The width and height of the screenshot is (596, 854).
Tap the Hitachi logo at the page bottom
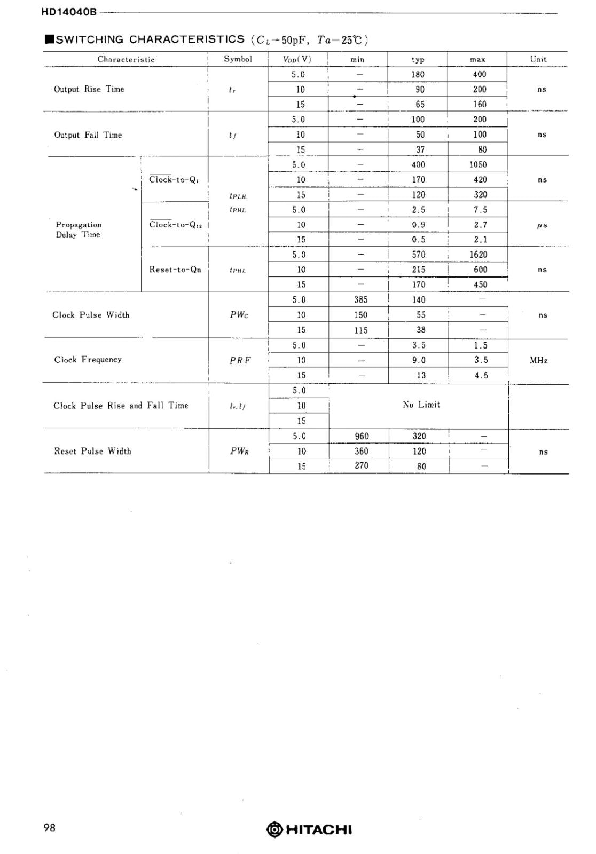pyautogui.click(x=309, y=829)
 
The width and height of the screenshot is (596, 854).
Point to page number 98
pyautogui.click(x=49, y=828)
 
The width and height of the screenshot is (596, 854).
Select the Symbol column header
pyautogui.click(x=238, y=59)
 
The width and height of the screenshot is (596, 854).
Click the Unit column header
pyautogui.click(x=538, y=59)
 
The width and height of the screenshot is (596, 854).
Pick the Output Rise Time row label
pyautogui.click(x=89, y=89)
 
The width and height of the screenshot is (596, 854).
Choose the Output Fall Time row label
pyautogui.click(x=88, y=135)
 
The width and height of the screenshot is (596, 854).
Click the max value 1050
pyautogui.click(x=478, y=165)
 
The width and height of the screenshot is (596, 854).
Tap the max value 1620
pyautogui.click(x=478, y=255)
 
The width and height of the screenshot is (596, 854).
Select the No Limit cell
pyautogui.click(x=421, y=405)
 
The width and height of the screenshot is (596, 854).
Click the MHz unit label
pyautogui.click(x=538, y=360)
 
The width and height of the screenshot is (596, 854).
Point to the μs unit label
pyautogui.click(x=542, y=225)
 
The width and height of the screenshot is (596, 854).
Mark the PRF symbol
pyautogui.click(x=240, y=360)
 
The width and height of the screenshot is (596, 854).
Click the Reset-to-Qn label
pyautogui.click(x=175, y=270)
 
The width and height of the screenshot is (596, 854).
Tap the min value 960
pyautogui.click(x=362, y=436)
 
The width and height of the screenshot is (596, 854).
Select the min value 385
pyautogui.click(x=361, y=300)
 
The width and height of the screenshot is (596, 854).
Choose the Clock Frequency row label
pyautogui.click(x=88, y=360)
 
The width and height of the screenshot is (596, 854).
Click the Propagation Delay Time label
pyautogui.click(x=78, y=230)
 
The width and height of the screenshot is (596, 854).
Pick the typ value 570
pyautogui.click(x=419, y=255)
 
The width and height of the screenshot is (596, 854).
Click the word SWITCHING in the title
pyautogui.click(x=90, y=39)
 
